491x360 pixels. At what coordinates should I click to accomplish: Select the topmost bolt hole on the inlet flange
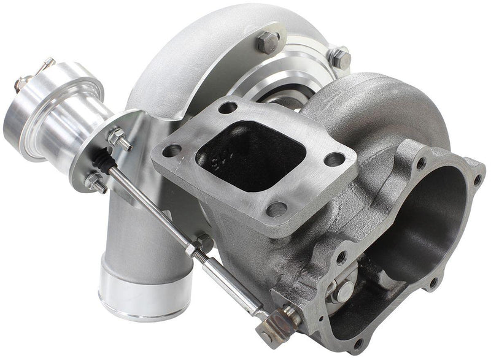tap(228, 107)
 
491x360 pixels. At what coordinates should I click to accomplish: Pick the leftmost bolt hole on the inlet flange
tap(174, 150)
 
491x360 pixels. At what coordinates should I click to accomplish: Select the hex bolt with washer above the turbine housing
tap(339, 57)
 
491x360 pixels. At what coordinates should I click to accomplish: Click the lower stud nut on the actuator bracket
tap(96, 182)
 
